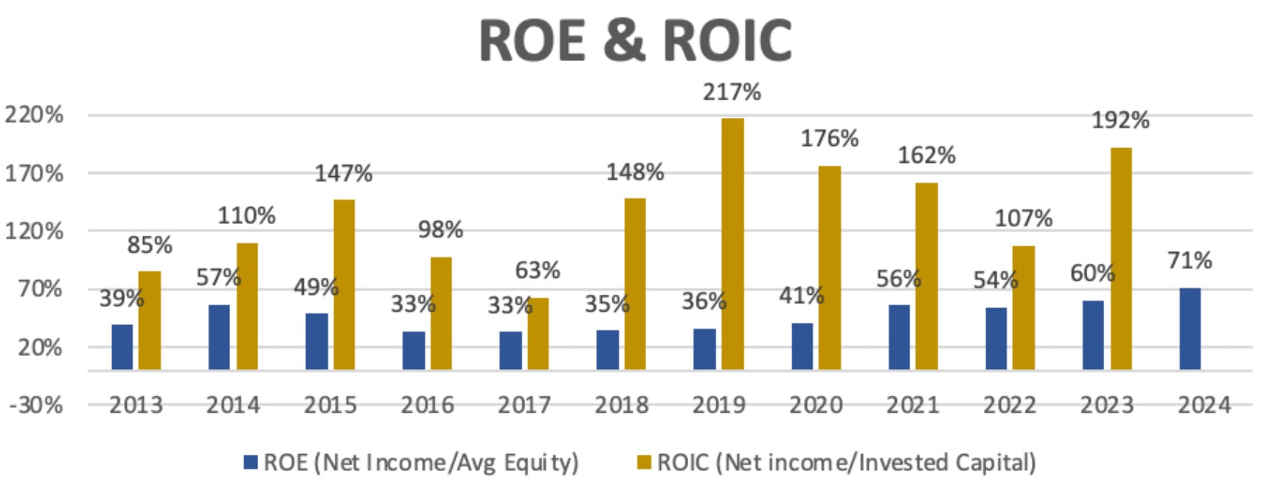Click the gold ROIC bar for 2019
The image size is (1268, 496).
732,243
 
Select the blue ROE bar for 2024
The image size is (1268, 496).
1190,329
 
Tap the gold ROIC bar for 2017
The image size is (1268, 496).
538,333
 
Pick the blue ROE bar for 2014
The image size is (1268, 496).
219,337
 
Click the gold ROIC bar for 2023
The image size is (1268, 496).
1121,258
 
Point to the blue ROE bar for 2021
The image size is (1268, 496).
899,337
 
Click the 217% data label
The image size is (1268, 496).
732,92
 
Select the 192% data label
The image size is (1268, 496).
1120,120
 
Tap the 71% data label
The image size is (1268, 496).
1189,260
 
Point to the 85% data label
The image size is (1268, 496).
150,245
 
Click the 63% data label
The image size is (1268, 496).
537,270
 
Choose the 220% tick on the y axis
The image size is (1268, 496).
34,115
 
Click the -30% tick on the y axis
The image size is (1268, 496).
35,405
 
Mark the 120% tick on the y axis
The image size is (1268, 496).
34,231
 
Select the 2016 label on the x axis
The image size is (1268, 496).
427,405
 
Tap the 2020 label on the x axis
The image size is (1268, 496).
816,405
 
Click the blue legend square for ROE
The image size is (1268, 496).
251,462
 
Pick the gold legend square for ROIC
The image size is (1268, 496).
644,462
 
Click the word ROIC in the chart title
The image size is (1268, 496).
727,41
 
